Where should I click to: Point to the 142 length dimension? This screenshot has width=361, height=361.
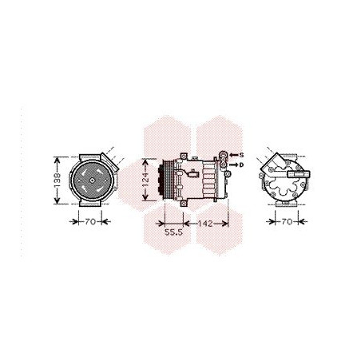[x=207, y=224]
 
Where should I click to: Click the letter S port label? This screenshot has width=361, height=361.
[x=243, y=154]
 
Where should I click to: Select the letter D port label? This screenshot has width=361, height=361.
[x=243, y=164]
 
